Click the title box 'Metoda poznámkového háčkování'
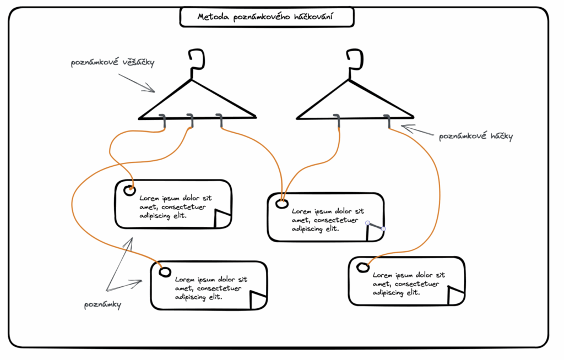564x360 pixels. [267, 17]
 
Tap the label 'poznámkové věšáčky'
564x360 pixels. [112, 62]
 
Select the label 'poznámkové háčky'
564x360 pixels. [476, 136]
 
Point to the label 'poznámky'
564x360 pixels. [103, 304]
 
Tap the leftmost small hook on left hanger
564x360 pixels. [164, 121]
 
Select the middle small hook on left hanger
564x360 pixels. [191, 121]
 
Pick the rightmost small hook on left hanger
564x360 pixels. [220, 121]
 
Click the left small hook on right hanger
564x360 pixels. [338, 121]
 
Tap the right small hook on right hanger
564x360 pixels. [388, 121]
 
